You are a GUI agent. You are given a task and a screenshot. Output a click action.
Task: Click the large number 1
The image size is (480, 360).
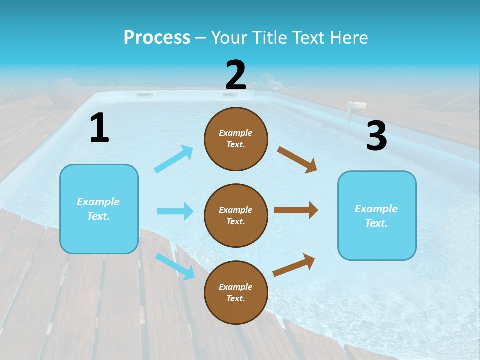coord(99,128)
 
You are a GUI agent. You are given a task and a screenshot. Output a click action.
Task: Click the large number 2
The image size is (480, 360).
coord(236,75)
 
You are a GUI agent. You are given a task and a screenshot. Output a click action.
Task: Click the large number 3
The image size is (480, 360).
coord(376,136)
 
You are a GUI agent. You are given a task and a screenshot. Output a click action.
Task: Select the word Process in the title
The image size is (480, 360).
coord(157,37)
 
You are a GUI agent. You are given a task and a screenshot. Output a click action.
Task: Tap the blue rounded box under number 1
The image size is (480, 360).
coord(99,209)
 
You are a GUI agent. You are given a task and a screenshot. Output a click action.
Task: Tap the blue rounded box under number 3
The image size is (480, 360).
coord(377,215)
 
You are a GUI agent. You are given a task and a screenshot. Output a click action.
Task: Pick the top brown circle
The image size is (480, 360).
coord(236,139)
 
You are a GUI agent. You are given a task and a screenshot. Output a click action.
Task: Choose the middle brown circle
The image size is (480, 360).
coord(236,215)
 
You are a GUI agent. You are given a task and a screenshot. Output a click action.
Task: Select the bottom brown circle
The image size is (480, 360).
coord(236,292)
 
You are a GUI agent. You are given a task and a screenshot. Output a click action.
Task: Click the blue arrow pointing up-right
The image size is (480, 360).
coord(174,159)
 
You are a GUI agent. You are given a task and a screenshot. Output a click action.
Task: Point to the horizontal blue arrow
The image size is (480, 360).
coord(175,211)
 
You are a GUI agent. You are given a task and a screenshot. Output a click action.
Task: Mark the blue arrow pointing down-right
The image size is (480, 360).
coord(175,266)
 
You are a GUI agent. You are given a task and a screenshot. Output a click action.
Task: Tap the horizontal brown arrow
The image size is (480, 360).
coord(296,210)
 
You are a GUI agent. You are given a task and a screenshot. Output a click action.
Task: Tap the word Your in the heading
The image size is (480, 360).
coord(229,37)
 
